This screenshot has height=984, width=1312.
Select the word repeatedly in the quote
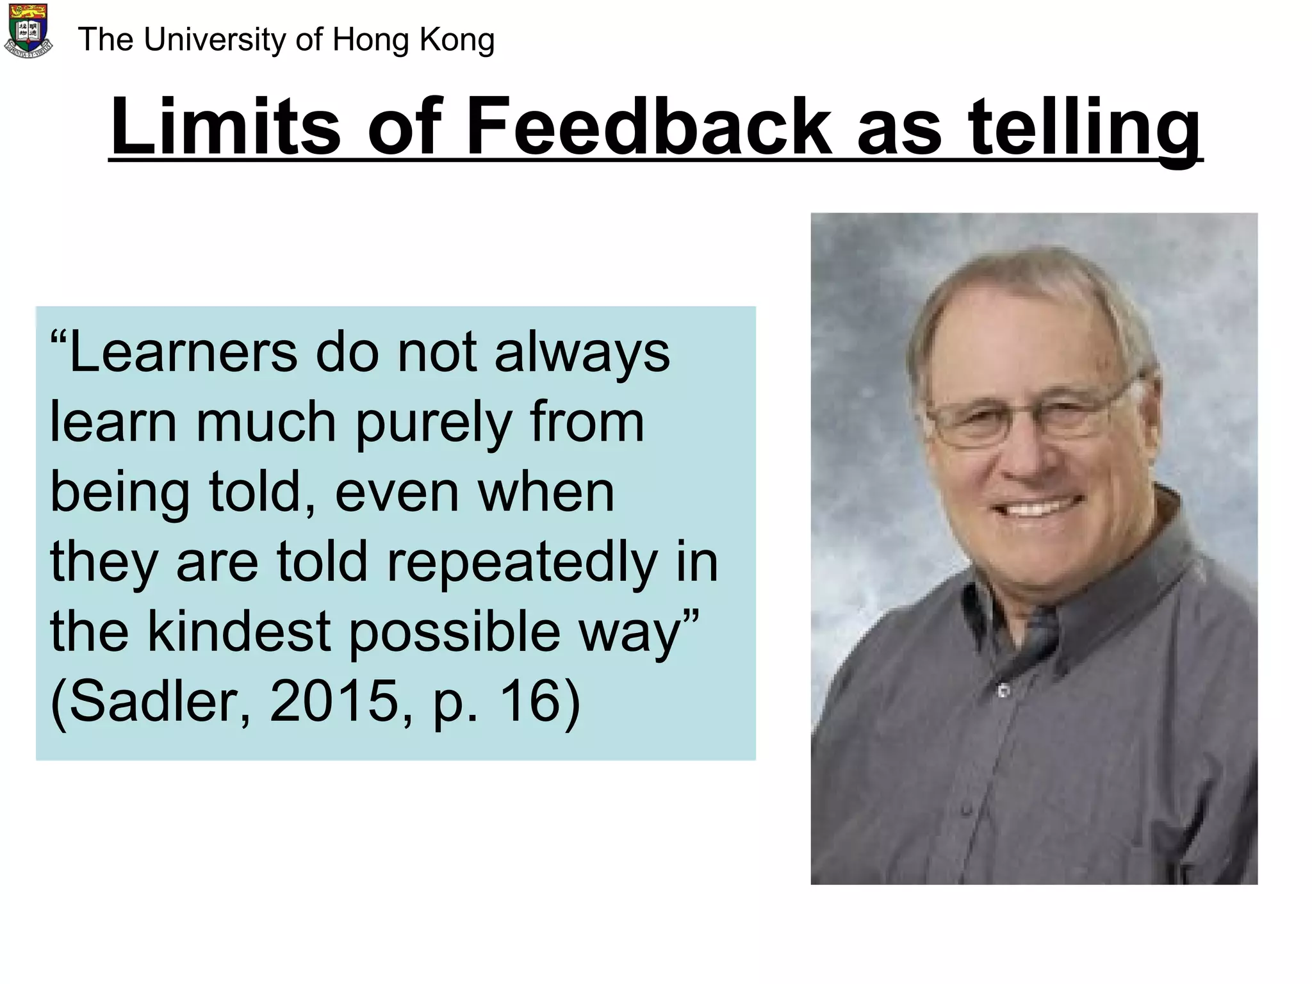tap(522, 562)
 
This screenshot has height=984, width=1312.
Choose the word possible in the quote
tap(454, 632)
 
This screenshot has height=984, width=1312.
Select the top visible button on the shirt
tap(1004, 691)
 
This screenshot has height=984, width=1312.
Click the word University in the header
tap(215, 40)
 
